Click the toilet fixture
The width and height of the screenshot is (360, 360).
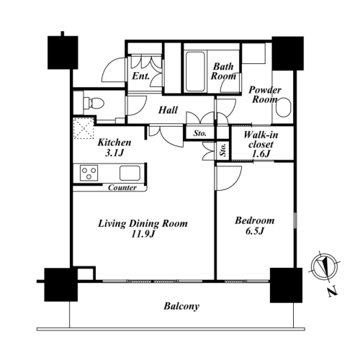[x=94, y=104]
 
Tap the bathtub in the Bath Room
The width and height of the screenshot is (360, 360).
[x=195, y=71]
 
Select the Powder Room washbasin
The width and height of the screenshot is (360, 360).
[x=283, y=107]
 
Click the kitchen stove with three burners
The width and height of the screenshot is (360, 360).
[x=89, y=173]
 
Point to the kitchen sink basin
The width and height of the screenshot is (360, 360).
[x=130, y=173]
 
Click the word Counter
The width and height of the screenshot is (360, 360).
[x=122, y=187]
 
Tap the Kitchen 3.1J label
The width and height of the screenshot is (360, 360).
[x=114, y=148]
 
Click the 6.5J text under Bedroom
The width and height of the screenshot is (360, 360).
[x=255, y=231]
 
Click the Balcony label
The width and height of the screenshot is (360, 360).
[x=181, y=307]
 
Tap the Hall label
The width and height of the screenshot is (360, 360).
[x=168, y=110]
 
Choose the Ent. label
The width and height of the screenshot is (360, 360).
[x=141, y=76]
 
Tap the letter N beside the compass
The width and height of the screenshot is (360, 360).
[x=333, y=292]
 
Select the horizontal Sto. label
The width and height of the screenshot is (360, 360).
[x=200, y=133]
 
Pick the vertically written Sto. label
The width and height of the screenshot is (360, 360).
[x=223, y=150]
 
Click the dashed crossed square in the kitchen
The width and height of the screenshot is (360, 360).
[x=84, y=128]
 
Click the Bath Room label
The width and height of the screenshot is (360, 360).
[x=223, y=71]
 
